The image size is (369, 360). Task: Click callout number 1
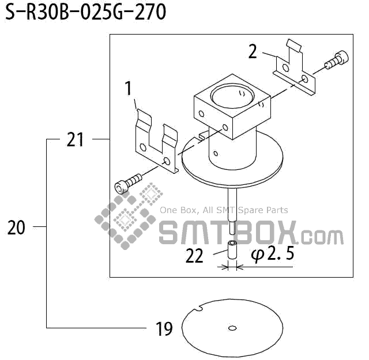point(129,89)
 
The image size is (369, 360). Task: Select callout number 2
point(253,51)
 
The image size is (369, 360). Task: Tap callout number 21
point(76,139)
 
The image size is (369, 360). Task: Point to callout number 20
point(17,228)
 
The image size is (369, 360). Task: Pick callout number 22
point(195,255)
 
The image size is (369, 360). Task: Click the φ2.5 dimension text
point(272,254)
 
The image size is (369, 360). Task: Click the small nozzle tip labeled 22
point(232,251)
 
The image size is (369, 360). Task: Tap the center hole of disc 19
point(232,328)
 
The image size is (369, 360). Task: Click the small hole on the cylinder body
point(214,154)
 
